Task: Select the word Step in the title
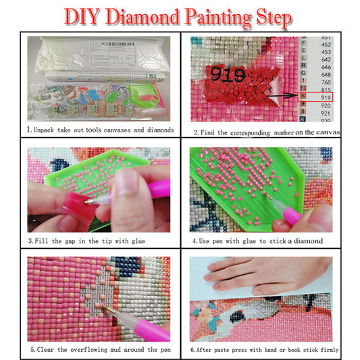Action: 272,17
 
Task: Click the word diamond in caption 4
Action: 307,240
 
